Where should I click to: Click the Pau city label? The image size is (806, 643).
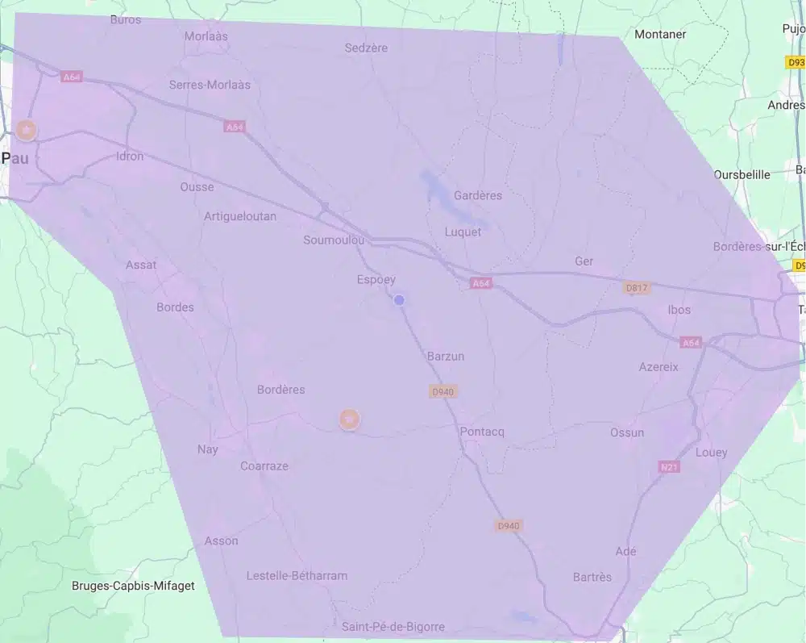(15, 158)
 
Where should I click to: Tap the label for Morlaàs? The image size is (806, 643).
(206, 36)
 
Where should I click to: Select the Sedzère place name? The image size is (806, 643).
(366, 48)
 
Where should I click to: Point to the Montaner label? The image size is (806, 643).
(660, 34)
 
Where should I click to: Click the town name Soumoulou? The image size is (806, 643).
(334, 240)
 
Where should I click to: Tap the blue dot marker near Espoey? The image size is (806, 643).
(399, 300)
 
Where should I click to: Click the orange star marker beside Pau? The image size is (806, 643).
(27, 130)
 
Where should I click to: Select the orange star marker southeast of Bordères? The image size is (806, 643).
(349, 419)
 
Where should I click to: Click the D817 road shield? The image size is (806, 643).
(637, 287)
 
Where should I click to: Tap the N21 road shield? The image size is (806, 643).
(669, 467)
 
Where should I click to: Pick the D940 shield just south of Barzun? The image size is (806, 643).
(443, 391)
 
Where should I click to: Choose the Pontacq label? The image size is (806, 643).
(482, 432)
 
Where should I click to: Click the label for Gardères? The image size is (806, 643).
(478, 195)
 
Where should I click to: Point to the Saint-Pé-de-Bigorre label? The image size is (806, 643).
(393, 627)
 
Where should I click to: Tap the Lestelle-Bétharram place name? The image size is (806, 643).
(297, 575)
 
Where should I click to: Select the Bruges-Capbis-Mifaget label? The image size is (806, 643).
(133, 586)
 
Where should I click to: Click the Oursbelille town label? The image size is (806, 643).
(742, 174)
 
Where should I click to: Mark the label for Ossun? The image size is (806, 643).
(627, 432)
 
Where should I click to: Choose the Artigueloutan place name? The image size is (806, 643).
(240, 216)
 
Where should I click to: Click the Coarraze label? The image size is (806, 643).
(264, 466)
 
